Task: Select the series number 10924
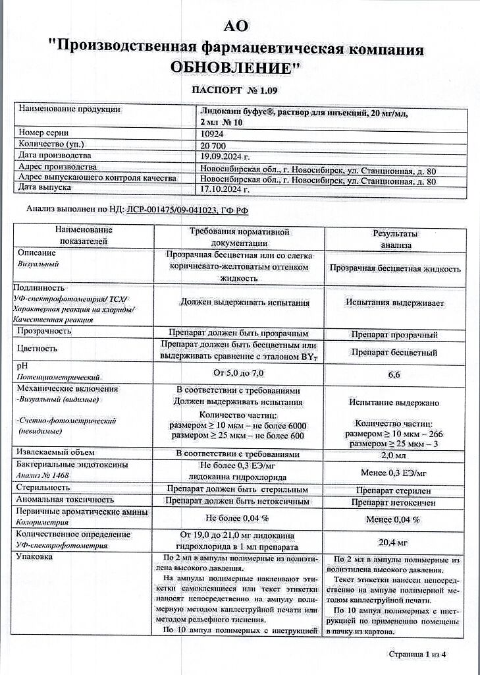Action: tap(213, 133)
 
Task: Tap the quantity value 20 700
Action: tap(215, 144)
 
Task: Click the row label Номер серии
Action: tap(44, 133)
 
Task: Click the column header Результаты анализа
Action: tap(395, 239)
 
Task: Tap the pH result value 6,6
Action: tap(394, 375)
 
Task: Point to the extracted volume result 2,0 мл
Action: tap(394, 455)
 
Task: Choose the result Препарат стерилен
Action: tap(394, 490)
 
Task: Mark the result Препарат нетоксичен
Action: tap(394, 502)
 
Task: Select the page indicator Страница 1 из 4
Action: tap(417, 654)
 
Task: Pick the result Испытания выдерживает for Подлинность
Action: tap(394, 303)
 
